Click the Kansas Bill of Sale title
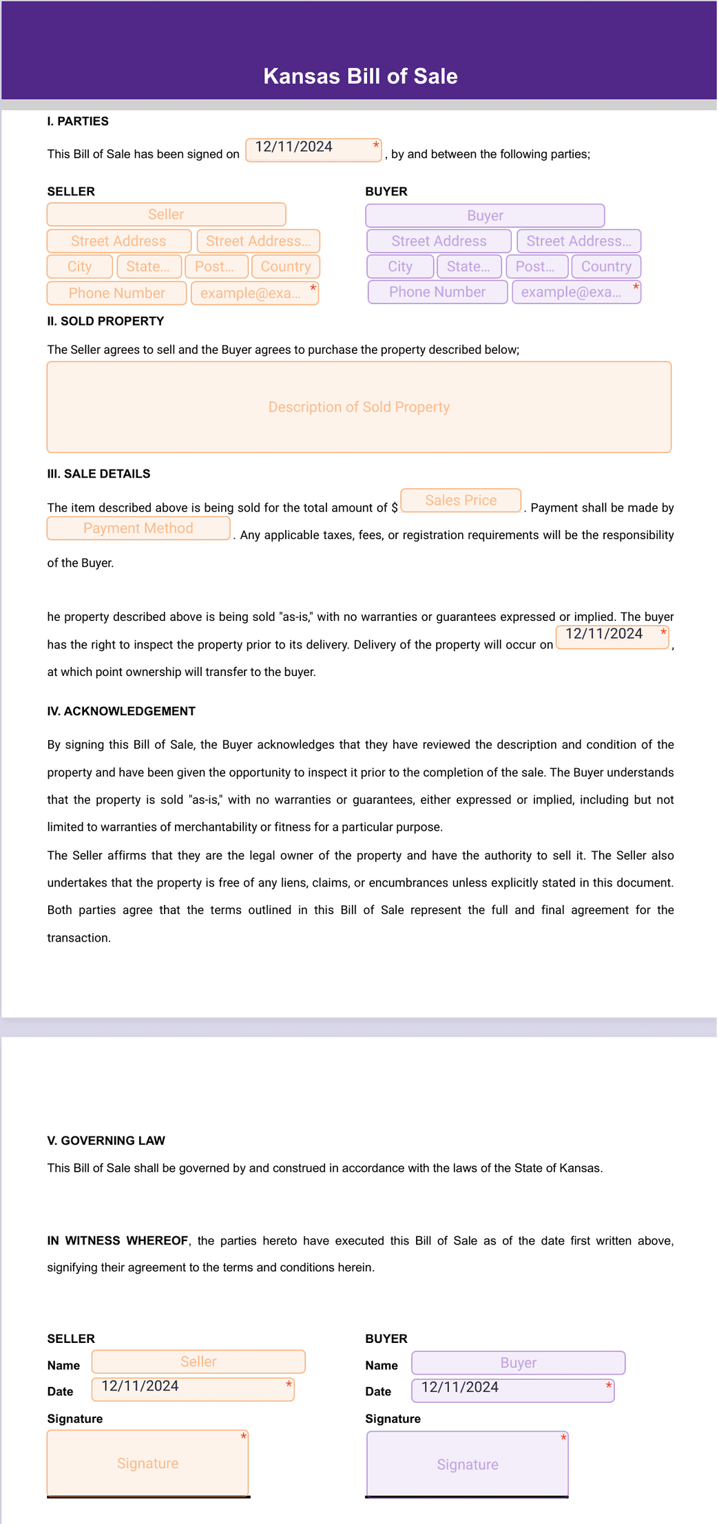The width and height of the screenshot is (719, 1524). (360, 76)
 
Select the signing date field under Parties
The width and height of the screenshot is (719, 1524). (313, 149)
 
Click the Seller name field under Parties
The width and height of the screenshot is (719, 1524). (166, 214)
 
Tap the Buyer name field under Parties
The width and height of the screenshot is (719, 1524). (485, 215)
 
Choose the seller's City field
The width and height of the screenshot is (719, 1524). (79, 266)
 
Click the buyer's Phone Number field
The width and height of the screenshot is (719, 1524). (437, 292)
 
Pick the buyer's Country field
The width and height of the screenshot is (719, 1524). (606, 266)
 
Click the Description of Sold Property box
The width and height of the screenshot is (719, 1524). (359, 407)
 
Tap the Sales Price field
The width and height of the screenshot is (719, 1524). (461, 500)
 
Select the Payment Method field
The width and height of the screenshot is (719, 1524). (138, 528)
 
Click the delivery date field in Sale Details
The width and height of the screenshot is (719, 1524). (612, 637)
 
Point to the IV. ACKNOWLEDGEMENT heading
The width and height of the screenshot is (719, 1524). (121, 711)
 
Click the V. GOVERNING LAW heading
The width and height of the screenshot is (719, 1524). (106, 1141)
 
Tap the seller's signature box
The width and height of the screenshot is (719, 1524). (147, 1463)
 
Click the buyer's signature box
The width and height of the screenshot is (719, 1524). (468, 1464)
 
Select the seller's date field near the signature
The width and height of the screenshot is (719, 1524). (193, 1389)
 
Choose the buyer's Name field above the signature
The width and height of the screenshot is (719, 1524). (518, 1363)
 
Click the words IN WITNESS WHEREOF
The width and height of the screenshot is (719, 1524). (117, 1240)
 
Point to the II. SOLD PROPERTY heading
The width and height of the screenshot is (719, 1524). (105, 321)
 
